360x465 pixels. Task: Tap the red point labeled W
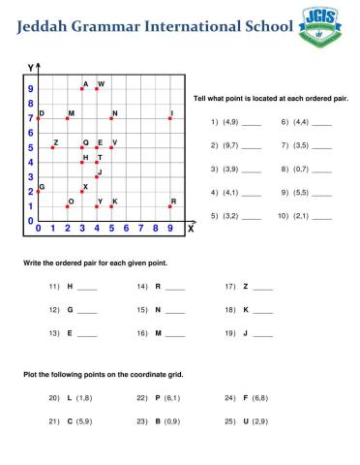pyautogui.click(x=97, y=88)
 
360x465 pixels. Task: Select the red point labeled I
pyautogui.click(x=170, y=118)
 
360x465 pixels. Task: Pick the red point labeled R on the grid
pyautogui.click(x=170, y=206)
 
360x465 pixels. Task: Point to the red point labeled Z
pyautogui.click(x=52, y=147)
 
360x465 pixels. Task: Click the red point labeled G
pyautogui.click(x=38, y=192)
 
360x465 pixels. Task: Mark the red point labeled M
pyautogui.click(x=67, y=118)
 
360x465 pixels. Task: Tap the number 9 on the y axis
pyautogui.click(x=29, y=88)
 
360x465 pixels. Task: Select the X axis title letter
pyautogui.click(x=191, y=229)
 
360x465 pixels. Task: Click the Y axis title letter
pyautogui.click(x=30, y=68)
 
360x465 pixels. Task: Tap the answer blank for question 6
pyautogui.click(x=321, y=123)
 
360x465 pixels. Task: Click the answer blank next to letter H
pyautogui.click(x=87, y=287)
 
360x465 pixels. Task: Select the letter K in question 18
pyautogui.click(x=245, y=310)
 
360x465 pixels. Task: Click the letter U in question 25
pyautogui.click(x=246, y=422)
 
